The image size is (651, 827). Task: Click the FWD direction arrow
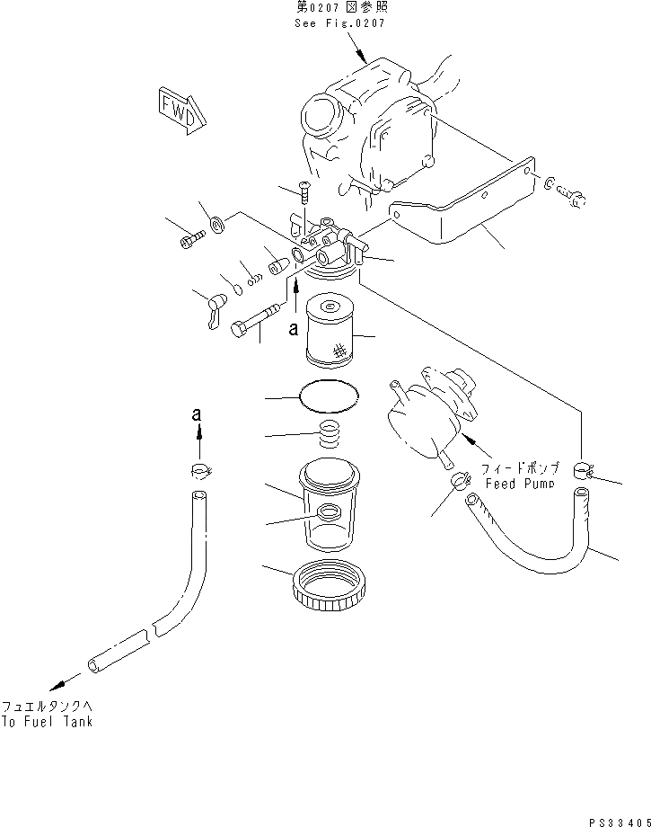181,109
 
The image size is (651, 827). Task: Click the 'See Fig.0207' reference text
339,23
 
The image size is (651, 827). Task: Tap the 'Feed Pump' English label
520,483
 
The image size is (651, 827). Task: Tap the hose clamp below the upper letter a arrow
200,469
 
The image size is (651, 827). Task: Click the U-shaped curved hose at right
539,539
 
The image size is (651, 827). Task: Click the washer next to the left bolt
216,223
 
